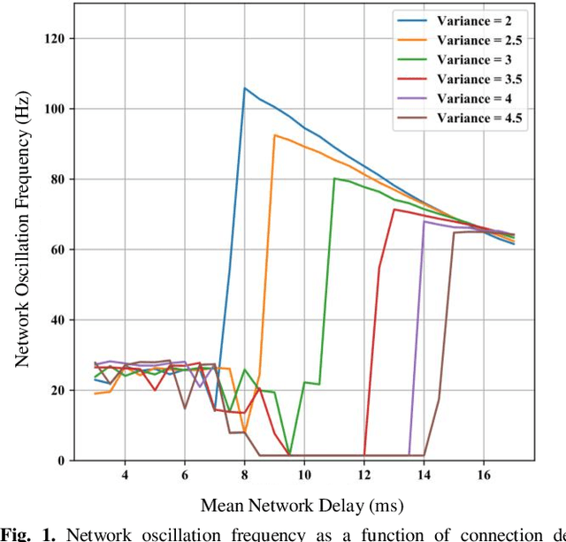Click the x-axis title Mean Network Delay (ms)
(302, 506)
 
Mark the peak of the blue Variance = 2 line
(245, 88)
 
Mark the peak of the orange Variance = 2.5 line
(275, 134)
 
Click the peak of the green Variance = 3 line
(334, 179)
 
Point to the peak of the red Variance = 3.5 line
(394, 210)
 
